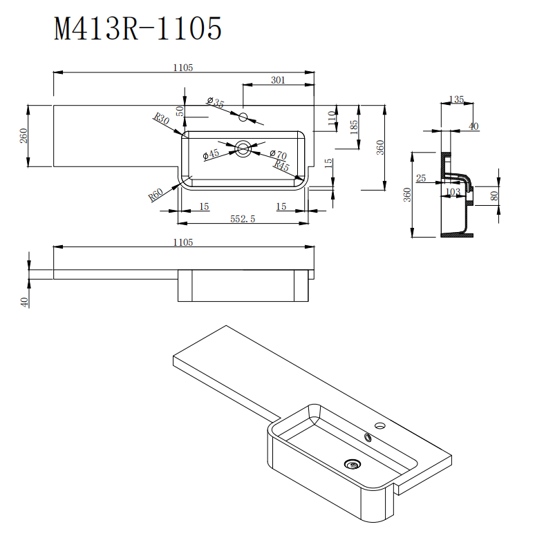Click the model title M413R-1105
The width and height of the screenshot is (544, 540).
(x=138, y=29)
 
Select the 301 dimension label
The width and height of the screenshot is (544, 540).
(x=277, y=81)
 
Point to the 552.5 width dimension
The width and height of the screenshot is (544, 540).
(x=243, y=218)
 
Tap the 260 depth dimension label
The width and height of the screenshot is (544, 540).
(x=23, y=136)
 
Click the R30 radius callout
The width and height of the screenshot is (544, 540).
(x=162, y=119)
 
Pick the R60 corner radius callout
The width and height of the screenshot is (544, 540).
(x=156, y=194)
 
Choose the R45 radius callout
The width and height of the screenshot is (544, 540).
(x=281, y=166)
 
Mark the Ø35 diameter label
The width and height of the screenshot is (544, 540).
(x=216, y=103)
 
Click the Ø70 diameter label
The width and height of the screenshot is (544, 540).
(x=278, y=155)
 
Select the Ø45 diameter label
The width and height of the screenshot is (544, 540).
(x=211, y=155)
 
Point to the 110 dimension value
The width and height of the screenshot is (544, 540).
(x=332, y=117)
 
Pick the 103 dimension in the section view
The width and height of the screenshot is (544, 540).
(x=452, y=191)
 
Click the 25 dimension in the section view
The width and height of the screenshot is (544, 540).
(x=421, y=178)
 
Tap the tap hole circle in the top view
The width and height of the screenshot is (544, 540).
(x=243, y=117)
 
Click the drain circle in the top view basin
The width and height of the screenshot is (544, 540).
(x=243, y=147)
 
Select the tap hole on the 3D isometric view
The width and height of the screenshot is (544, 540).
(x=379, y=424)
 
